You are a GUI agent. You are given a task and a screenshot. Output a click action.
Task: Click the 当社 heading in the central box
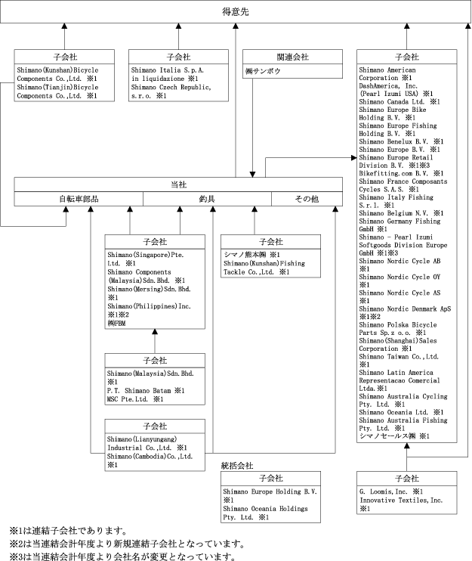[177, 184]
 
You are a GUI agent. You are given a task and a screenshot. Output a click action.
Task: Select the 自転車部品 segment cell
[79, 200]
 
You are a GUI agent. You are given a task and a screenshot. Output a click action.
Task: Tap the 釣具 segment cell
[208, 200]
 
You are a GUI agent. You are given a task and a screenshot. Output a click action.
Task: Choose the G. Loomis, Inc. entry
[385, 491]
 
